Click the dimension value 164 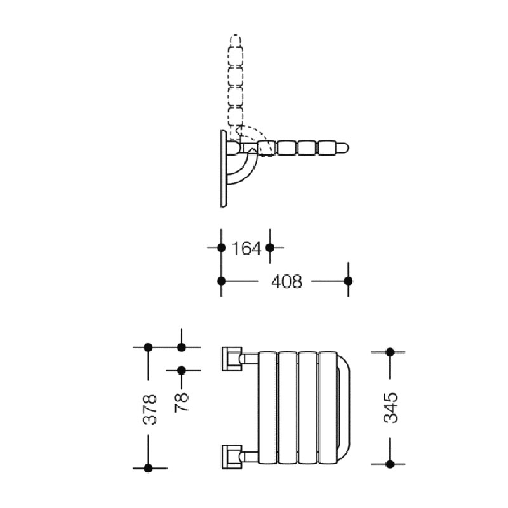[246, 248]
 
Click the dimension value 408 [287, 281]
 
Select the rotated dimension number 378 [150, 409]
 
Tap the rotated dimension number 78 [181, 402]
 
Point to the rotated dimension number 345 [391, 407]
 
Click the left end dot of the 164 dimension [221, 248]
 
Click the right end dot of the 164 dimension [270, 248]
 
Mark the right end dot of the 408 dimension [348, 281]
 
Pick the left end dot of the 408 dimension [221, 281]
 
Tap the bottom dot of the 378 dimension [148, 468]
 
